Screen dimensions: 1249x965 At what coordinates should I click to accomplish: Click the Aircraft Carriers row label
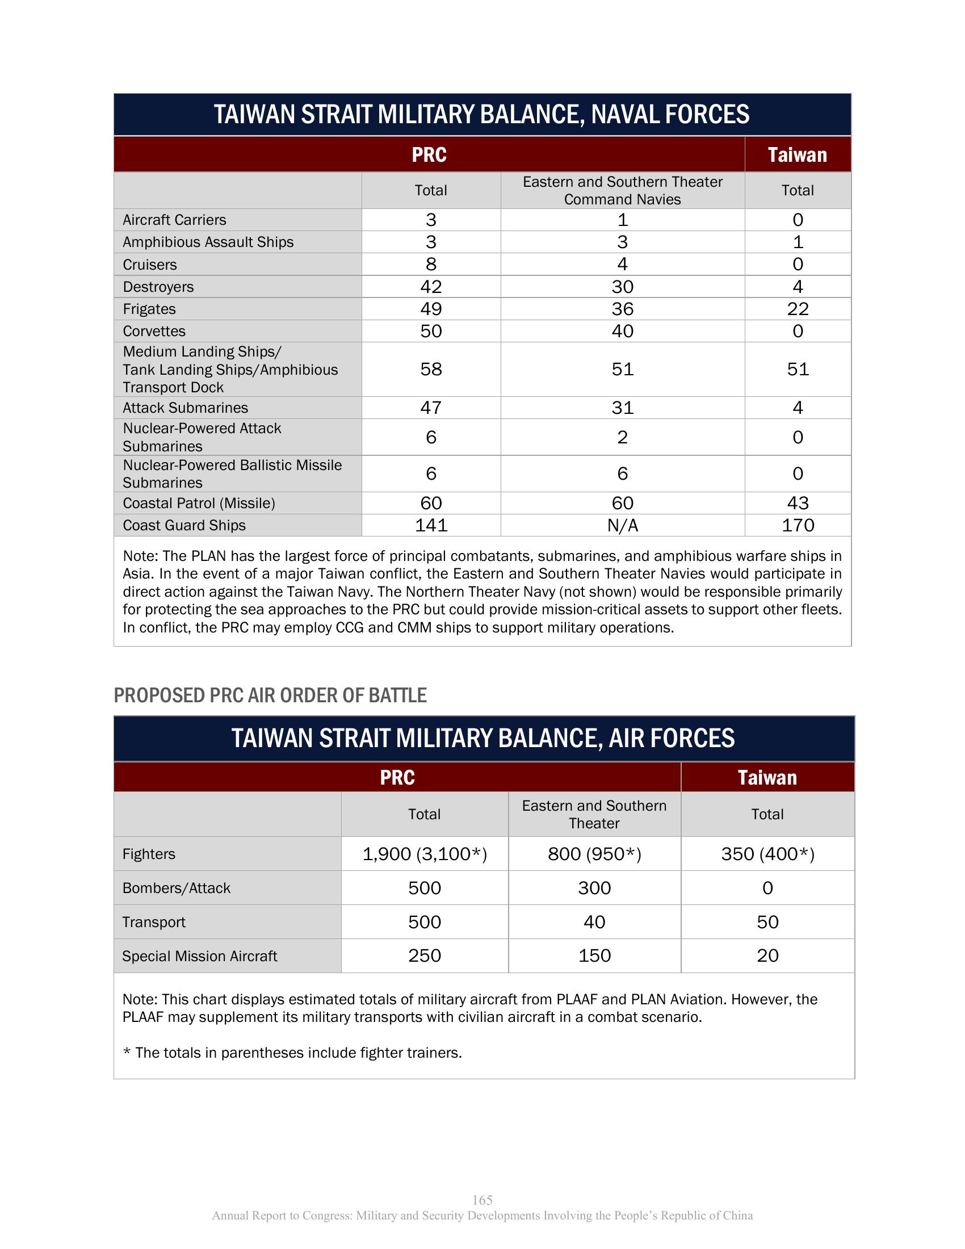(x=174, y=220)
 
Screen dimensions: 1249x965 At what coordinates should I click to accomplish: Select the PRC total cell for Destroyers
(x=431, y=287)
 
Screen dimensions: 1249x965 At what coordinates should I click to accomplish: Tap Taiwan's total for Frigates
(x=798, y=309)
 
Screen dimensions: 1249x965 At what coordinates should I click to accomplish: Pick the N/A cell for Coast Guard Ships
(x=623, y=526)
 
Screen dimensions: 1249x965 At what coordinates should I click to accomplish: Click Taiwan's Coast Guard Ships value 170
(x=798, y=525)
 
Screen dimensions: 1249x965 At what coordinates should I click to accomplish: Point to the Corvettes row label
(x=154, y=331)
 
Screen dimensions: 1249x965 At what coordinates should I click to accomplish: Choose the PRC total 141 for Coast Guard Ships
(x=431, y=525)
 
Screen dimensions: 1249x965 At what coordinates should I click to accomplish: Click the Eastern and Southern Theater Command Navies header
(x=623, y=190)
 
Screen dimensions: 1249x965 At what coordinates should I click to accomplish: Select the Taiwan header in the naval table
(x=798, y=155)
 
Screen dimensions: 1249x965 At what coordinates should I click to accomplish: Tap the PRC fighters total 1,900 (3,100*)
(x=425, y=854)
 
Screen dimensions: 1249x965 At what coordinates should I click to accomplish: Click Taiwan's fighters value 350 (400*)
(x=767, y=854)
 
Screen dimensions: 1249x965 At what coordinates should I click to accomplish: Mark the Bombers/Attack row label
(x=176, y=888)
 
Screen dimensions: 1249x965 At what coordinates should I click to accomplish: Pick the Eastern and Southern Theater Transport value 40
(x=594, y=922)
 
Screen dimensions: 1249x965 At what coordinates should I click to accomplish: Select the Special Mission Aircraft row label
(x=199, y=956)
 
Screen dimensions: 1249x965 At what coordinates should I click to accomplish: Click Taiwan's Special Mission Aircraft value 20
(x=767, y=955)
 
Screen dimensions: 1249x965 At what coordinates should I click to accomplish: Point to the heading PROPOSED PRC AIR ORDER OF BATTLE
(x=270, y=695)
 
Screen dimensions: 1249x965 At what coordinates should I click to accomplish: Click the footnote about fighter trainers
(x=292, y=1053)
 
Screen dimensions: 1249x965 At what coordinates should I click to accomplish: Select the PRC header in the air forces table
(x=397, y=778)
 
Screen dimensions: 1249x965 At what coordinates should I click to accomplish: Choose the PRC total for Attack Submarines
(x=431, y=408)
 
